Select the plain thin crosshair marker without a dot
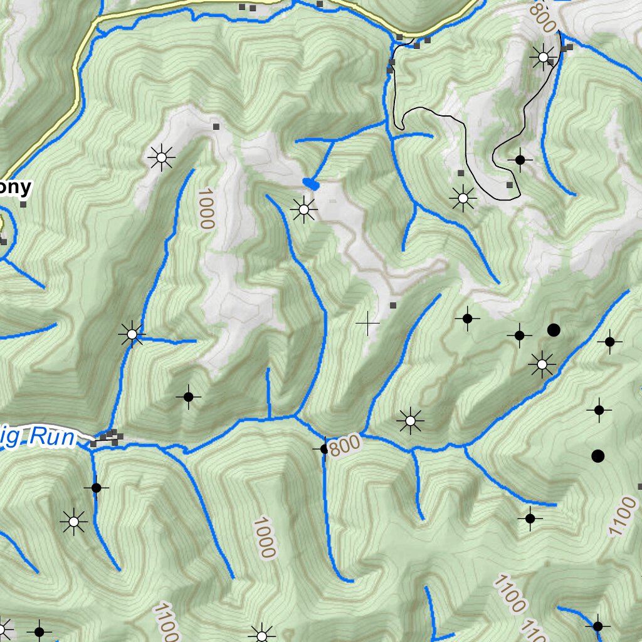(367, 324)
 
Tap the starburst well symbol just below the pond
(304, 209)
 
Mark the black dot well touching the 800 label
(324, 448)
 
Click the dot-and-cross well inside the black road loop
(520, 160)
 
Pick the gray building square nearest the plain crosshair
(393, 305)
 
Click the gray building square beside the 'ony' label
(24, 204)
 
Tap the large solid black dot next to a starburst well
(553, 329)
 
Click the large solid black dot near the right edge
(597, 456)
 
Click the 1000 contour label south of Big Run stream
(265, 537)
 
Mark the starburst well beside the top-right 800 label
(543, 57)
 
